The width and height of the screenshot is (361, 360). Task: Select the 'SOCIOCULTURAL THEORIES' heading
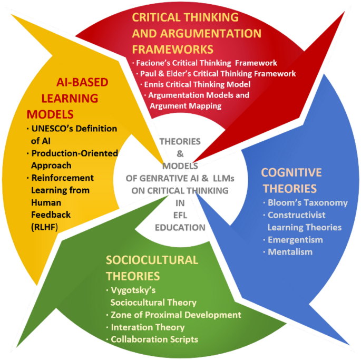(152, 268)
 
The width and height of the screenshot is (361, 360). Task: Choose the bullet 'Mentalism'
(290, 251)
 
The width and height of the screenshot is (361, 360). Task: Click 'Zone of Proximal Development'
(175, 315)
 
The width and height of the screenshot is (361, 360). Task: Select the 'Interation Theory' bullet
(148, 327)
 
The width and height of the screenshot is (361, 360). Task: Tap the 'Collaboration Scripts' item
(154, 339)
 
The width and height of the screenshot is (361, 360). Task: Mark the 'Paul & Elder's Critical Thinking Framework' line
(217, 74)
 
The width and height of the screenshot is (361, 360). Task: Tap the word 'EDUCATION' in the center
(180, 228)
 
